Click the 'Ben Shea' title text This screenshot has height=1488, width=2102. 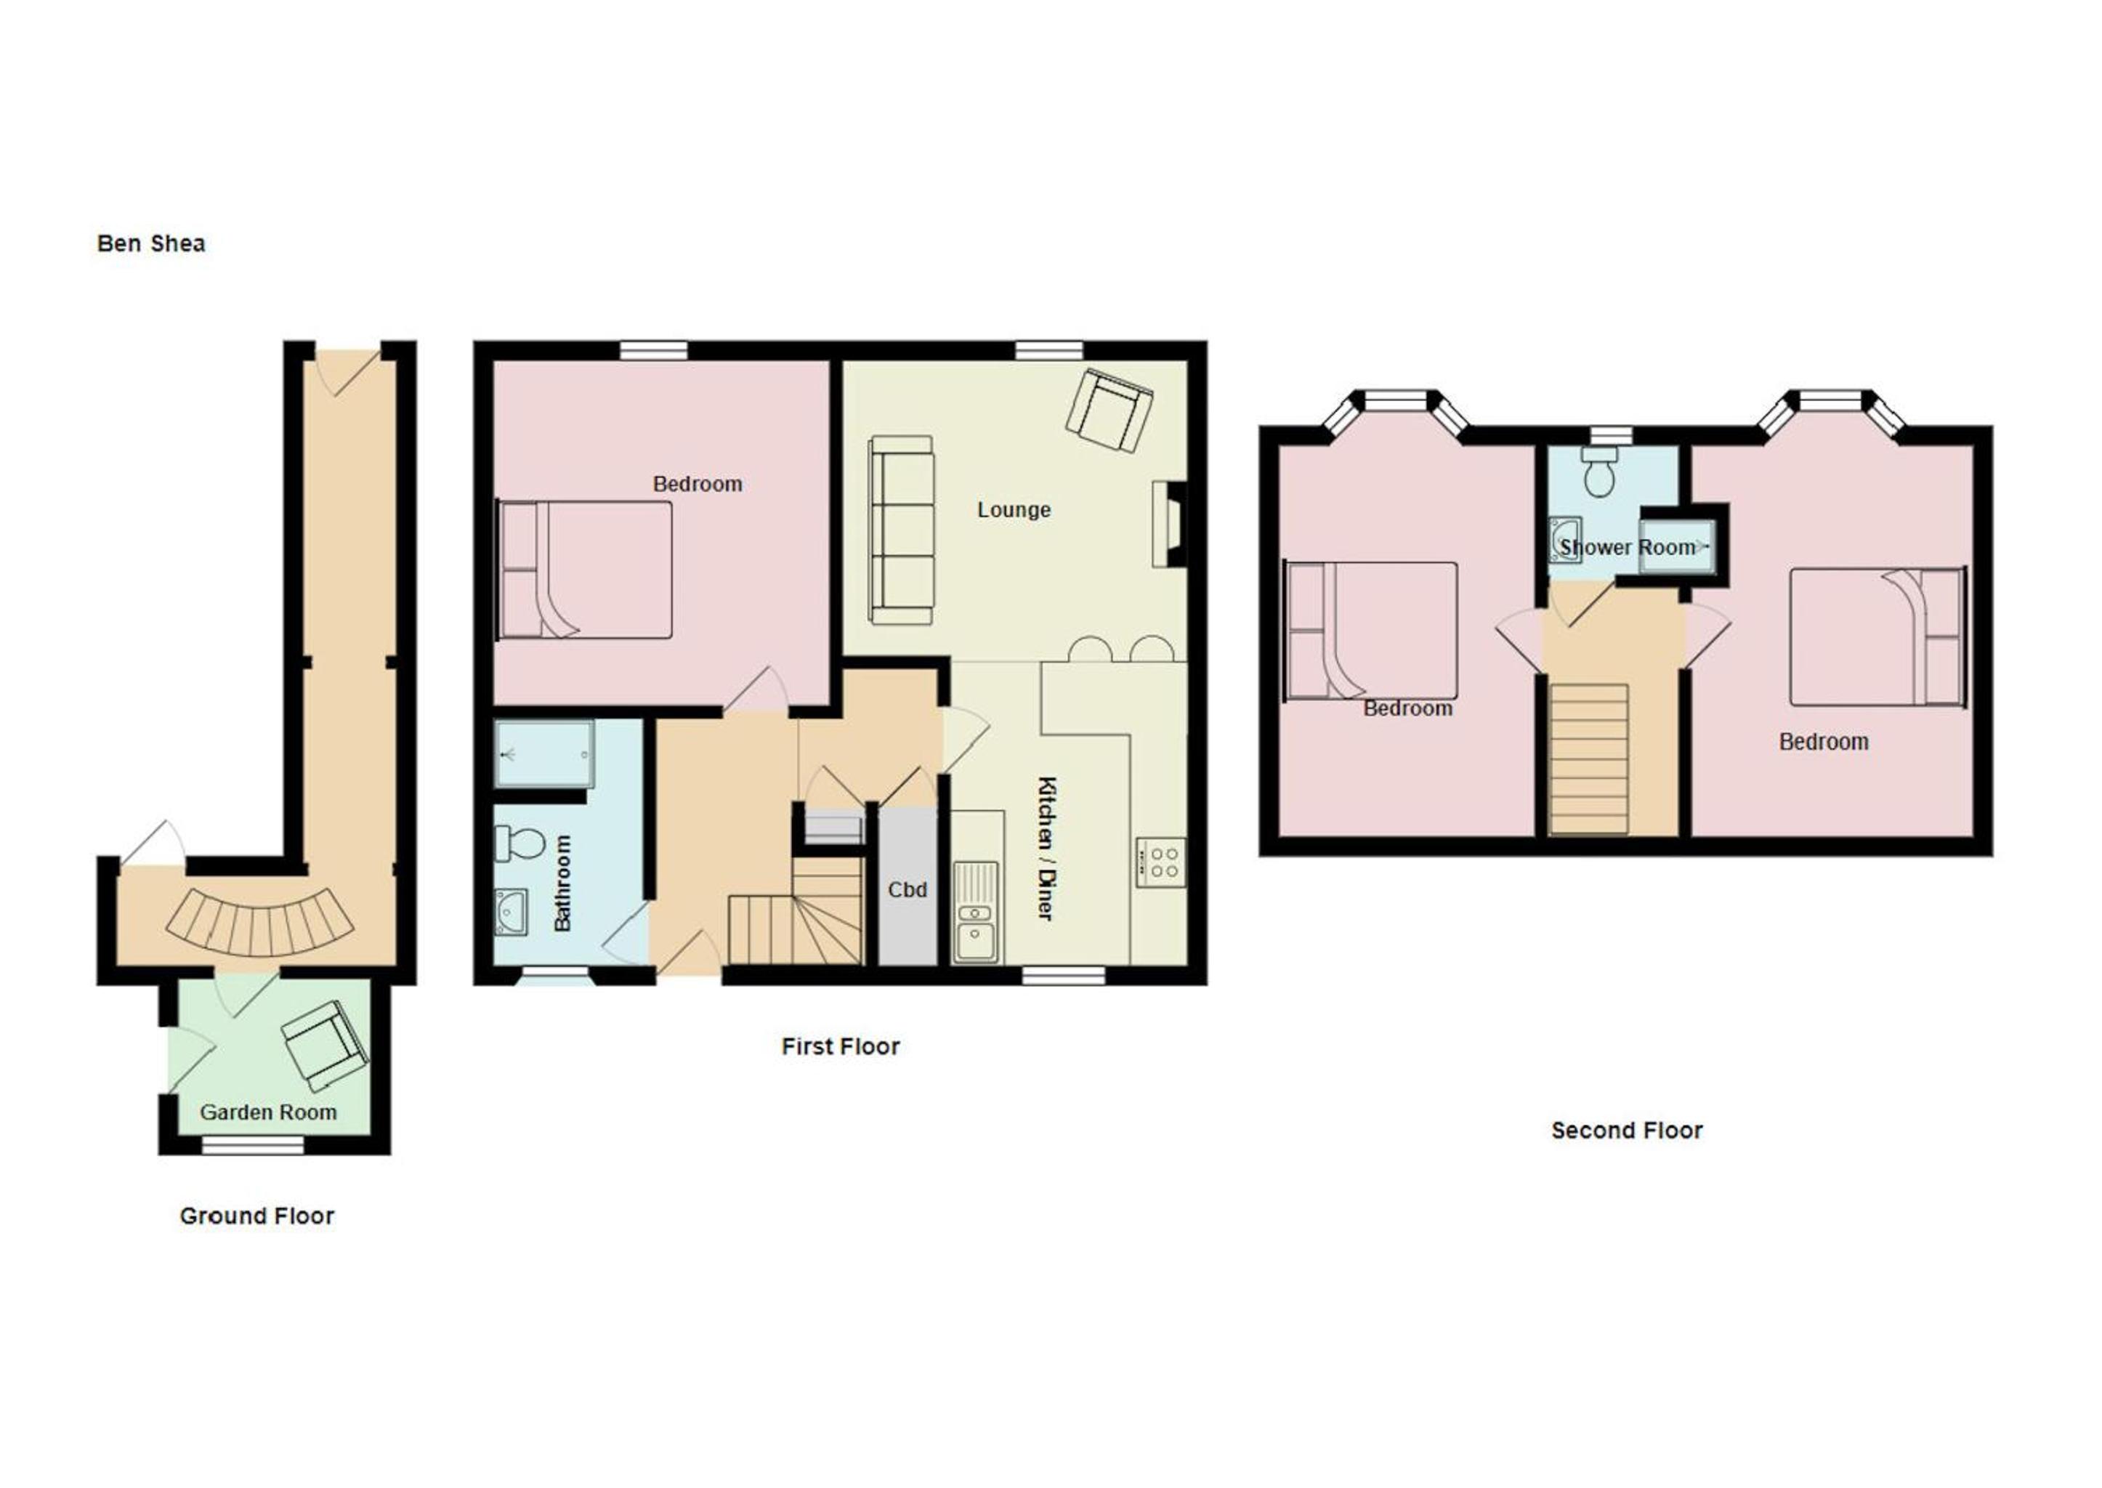click(151, 243)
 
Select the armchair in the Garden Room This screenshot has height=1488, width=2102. click(326, 1046)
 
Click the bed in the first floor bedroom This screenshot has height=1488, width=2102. click(585, 569)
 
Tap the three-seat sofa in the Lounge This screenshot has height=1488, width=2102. click(902, 530)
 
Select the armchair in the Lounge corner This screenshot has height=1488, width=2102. click(1109, 410)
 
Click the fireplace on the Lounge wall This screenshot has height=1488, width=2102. click(1169, 526)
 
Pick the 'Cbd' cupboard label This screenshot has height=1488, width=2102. click(908, 890)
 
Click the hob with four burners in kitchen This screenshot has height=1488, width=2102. click(1161, 862)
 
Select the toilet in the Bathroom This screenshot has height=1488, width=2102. click(520, 843)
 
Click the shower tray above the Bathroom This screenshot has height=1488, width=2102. click(545, 754)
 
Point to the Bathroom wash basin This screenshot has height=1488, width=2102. click(512, 913)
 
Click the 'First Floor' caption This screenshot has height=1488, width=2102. click(840, 1046)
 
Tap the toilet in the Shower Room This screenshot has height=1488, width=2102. click(1600, 472)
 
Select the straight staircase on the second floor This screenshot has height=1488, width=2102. click(1589, 759)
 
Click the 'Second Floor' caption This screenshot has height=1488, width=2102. click(1626, 1131)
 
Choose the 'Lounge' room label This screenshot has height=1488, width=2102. click(1014, 510)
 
